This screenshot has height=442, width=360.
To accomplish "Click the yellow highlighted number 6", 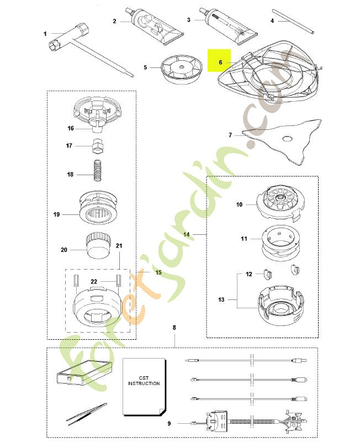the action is point(220,62).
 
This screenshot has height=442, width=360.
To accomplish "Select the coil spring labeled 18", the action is point(97,171).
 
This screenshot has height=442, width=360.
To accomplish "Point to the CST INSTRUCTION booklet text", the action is point(144,381).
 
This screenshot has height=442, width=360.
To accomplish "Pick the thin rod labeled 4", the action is point(293,22).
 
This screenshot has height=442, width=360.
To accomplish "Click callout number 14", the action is point(186,234).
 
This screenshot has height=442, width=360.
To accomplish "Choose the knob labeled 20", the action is point(98,245).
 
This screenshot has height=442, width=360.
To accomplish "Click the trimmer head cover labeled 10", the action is point(280,203).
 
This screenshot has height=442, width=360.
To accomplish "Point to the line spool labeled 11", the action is point(280,241).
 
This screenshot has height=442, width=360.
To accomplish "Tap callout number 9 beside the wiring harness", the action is point(169,423).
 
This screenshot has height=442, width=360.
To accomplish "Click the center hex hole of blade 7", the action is point(288,139).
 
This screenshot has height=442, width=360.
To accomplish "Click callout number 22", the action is point(94,281).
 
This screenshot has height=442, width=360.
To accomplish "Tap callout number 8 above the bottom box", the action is point(174,328).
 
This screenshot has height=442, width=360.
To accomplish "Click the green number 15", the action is point(158,272).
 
